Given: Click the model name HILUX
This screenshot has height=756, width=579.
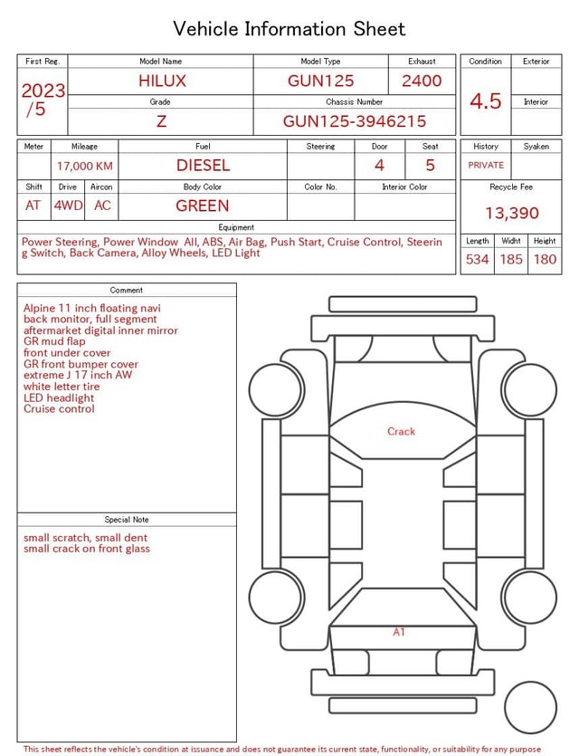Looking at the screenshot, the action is click(162, 81).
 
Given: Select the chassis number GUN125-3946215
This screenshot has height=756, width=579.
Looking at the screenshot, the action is click(355, 121).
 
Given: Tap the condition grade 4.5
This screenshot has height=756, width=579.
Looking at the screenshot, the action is click(486, 101).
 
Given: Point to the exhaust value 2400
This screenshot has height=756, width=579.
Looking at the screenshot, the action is click(422, 81).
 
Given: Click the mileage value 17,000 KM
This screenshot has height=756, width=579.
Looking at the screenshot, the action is click(85, 167).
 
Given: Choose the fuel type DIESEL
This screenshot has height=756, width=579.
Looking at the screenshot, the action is click(203, 166).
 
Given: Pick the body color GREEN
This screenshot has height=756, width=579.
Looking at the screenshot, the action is click(203, 206).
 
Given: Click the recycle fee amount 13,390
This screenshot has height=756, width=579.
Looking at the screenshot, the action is click(511, 213).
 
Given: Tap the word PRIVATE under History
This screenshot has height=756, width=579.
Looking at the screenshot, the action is click(486, 165).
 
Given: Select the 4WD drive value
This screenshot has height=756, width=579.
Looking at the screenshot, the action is click(68, 206).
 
